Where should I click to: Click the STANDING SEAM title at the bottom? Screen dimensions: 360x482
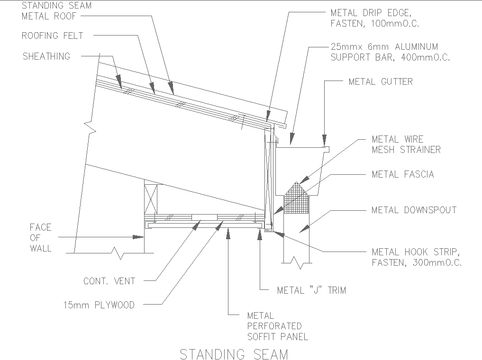point(234,354)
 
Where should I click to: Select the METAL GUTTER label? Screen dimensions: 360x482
point(380,81)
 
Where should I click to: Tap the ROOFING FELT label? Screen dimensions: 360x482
point(53,36)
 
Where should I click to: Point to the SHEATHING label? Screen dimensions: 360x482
point(46,56)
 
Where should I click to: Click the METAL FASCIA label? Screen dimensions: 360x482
point(402,174)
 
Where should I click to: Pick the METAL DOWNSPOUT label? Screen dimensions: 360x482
point(414,209)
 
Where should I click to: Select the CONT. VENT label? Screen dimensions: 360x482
point(109,281)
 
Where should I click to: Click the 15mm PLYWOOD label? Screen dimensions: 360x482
point(99,305)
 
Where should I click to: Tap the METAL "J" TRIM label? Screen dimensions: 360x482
point(311,290)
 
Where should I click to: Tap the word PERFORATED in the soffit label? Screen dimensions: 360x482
point(274,326)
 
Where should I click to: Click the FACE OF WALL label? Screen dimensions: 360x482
point(41,238)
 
